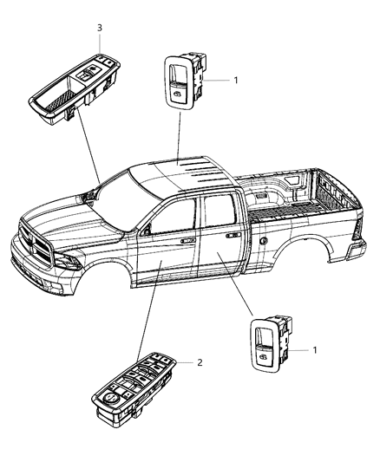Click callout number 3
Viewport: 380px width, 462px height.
tap(100, 29)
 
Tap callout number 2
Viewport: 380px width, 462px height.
tap(200, 362)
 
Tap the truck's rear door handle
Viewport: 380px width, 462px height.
tap(233, 234)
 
